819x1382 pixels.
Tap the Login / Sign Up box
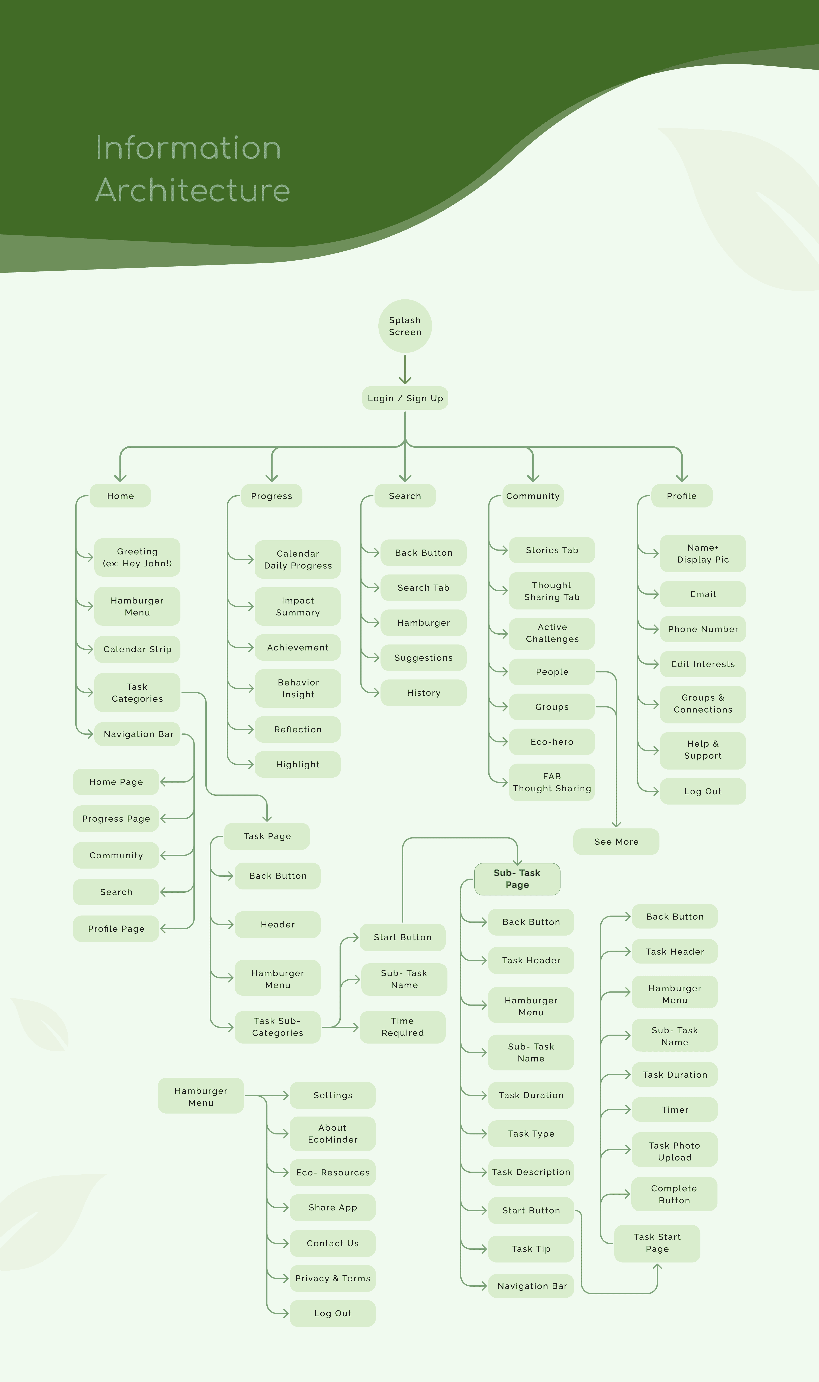coord(405,398)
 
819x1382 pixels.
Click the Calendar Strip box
coord(137,649)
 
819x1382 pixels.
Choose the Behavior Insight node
coord(298,688)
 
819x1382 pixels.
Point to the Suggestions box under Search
coord(423,657)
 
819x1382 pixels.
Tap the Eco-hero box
coord(552,742)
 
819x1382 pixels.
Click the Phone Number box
coord(703,629)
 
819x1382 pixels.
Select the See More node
coord(616,841)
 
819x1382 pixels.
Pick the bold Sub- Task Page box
coord(517,878)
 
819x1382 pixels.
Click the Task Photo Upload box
coord(674,1151)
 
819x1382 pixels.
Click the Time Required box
coord(402,1027)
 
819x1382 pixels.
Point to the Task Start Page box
coord(657,1243)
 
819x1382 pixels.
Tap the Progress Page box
coord(116,818)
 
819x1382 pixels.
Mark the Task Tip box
coord(531,1249)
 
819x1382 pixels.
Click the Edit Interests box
coord(703,664)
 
